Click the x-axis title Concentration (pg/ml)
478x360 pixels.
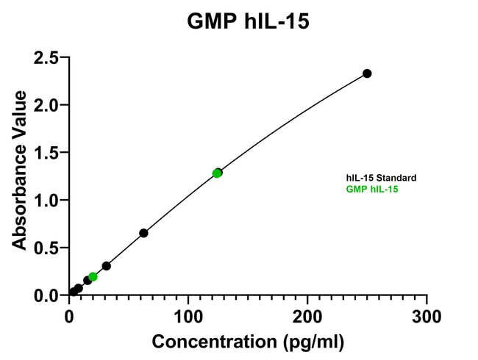tap(248, 342)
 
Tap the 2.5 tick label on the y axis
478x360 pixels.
tap(46, 57)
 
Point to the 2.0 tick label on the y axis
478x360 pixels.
tap(46, 105)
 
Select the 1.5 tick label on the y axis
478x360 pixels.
tap(46, 153)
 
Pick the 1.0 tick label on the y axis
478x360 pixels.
tap(46, 200)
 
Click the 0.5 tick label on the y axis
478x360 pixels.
tap(46, 248)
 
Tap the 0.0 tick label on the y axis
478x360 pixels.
tap(46, 295)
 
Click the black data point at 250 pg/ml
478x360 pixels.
tap(367, 73)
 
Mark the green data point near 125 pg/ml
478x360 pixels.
tap(217, 173)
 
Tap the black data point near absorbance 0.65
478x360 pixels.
tap(143, 233)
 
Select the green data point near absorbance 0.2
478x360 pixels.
tap(93, 277)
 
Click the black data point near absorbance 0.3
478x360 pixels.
tap(107, 266)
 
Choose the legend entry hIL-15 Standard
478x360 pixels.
tap(382, 178)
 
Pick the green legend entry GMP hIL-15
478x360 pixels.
tap(373, 189)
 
